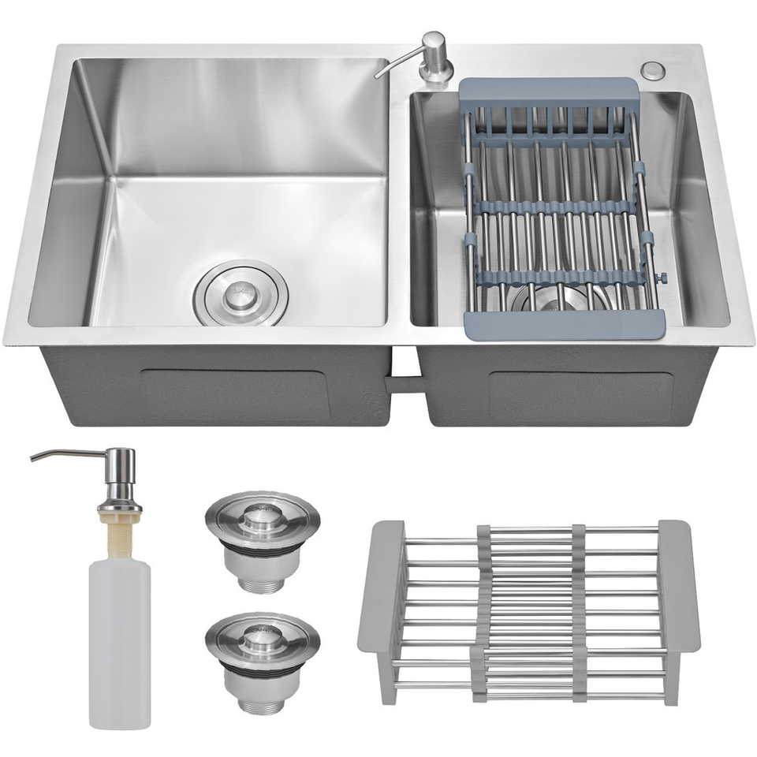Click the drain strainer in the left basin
(240, 294)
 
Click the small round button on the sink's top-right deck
(651, 69)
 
